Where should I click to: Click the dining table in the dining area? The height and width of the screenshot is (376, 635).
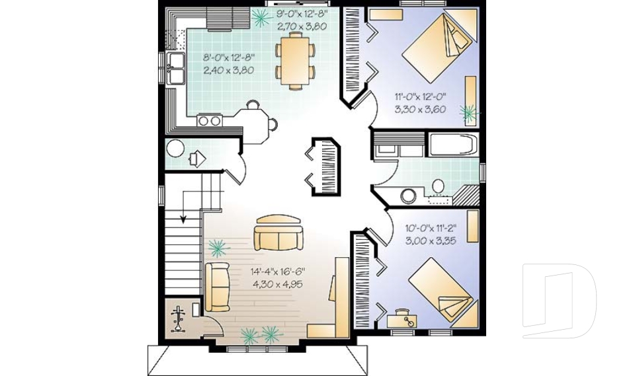tap(295, 60)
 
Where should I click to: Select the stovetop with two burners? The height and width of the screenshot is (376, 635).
tap(210, 121)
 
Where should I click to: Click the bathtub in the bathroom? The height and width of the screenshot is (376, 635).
tap(452, 145)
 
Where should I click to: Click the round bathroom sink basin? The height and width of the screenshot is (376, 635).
tap(408, 196)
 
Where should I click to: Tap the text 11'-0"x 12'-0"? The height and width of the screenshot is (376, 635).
tap(420, 96)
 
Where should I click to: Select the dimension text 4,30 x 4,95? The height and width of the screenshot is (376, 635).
tap(277, 284)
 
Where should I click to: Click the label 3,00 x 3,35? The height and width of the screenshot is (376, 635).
tap(431, 241)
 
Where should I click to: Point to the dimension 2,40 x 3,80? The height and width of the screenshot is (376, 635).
tap(228, 70)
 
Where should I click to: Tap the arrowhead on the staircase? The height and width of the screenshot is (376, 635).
tap(183, 220)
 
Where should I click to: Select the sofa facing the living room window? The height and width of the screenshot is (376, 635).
tap(278, 233)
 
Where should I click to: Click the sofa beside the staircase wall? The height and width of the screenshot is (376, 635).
tap(218, 287)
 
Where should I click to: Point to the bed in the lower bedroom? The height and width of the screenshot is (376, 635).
tap(441, 290)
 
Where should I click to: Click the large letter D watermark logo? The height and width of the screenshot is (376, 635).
tap(559, 301)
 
